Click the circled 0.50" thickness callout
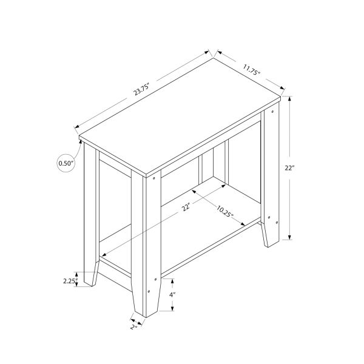(66, 163)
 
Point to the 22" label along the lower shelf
(184, 209)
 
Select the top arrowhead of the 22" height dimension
(291, 98)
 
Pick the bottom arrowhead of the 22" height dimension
(291, 238)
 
